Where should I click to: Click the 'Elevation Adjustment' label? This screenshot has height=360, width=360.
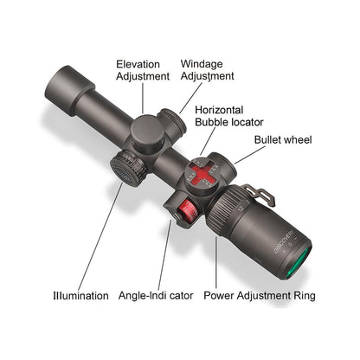(143, 70)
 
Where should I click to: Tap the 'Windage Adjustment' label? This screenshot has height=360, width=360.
(207, 70)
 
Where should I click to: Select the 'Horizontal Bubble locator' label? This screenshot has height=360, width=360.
(229, 116)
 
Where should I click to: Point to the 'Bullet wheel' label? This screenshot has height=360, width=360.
(283, 140)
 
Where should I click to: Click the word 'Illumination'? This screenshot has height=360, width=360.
(80, 296)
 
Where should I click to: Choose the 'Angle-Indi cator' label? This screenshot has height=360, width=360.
(156, 296)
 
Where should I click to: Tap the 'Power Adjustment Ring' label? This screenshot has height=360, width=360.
(260, 296)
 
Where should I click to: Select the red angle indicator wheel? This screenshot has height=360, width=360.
(188, 211)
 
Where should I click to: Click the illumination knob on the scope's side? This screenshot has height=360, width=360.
(128, 168)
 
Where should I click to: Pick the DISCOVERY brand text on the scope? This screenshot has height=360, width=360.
(284, 241)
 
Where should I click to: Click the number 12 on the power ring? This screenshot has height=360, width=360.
(241, 208)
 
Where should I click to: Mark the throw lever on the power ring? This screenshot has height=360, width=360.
(259, 196)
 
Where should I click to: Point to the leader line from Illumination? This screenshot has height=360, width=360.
(100, 236)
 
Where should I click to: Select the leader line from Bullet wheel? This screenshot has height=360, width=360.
(250, 155)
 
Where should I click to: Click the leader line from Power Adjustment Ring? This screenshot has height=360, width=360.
(215, 262)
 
